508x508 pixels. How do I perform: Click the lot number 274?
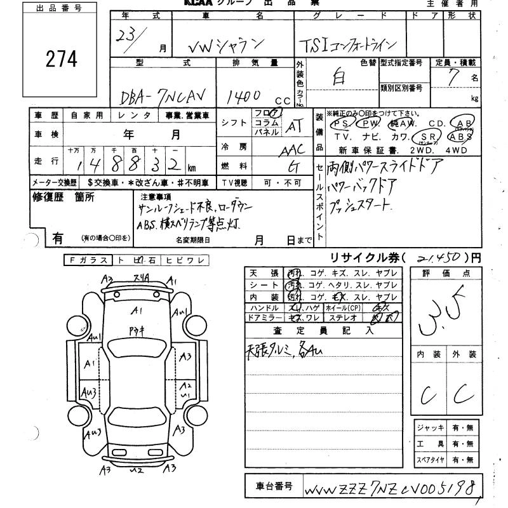coord(62,59)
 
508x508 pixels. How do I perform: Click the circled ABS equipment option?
coord(460,137)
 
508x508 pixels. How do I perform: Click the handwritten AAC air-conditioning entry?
coord(292,150)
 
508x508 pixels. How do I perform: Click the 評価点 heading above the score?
coord(447,274)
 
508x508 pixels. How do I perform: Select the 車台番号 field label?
coord(274,486)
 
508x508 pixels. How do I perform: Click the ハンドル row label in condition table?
coord(265,307)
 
